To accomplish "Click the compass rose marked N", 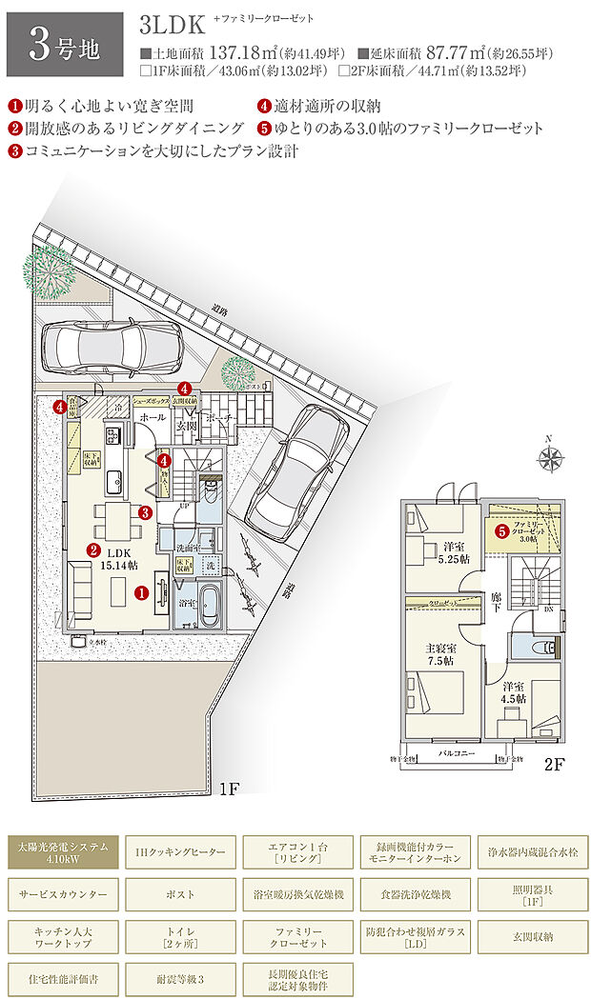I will [x=551, y=460].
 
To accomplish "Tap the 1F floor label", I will [x=229, y=789].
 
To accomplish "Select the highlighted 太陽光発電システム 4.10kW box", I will [x=63, y=850].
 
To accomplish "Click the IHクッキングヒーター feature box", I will [x=180, y=850].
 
